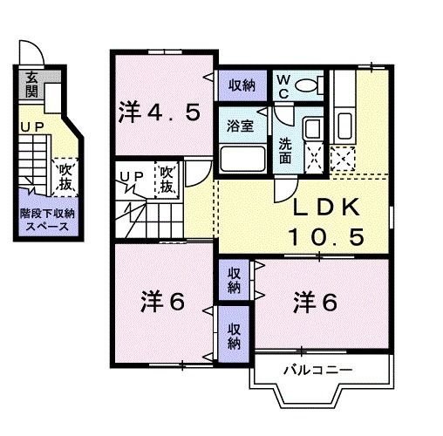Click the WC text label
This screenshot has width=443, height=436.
click(283, 85)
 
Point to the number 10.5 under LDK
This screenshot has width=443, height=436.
click(329, 235)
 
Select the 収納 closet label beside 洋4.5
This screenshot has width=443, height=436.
click(242, 85)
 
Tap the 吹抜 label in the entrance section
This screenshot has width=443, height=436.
click(64, 178)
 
